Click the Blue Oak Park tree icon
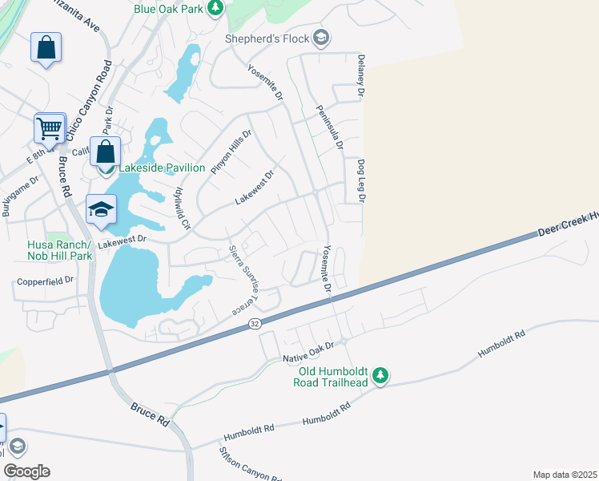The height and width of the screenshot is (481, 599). (x=215, y=8)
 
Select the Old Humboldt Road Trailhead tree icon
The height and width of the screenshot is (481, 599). (x=382, y=374)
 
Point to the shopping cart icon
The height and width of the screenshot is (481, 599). (x=49, y=127)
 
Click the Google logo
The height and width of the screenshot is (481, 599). (x=26, y=471)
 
